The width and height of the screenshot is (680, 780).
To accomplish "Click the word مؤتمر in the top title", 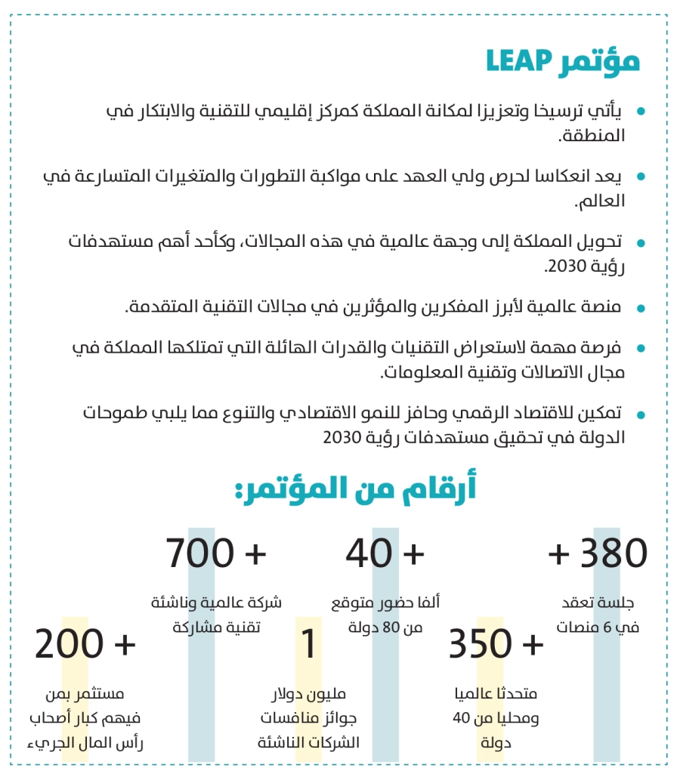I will pyautogui.click(x=601, y=60).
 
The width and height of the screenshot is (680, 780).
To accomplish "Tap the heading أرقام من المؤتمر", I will pyautogui.click(x=354, y=489).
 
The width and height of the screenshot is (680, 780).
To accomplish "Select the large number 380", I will pyautogui.click(x=614, y=553).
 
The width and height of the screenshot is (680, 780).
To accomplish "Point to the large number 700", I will pyautogui.click(x=199, y=553).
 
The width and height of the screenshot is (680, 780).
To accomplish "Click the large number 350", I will pyautogui.click(x=481, y=644).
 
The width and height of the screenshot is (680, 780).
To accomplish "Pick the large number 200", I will pyautogui.click(x=69, y=644).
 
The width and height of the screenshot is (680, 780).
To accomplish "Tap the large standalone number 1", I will pyautogui.click(x=310, y=644).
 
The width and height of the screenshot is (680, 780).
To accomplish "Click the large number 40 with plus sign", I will pyautogui.click(x=369, y=553).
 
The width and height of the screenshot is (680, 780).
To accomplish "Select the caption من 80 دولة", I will pyautogui.click(x=386, y=627).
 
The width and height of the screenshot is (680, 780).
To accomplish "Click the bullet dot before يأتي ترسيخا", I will pyautogui.click(x=641, y=112).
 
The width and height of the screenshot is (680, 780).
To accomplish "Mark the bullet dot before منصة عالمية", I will pyautogui.click(x=641, y=308).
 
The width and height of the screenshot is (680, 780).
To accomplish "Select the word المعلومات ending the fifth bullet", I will pyautogui.click(x=414, y=372).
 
